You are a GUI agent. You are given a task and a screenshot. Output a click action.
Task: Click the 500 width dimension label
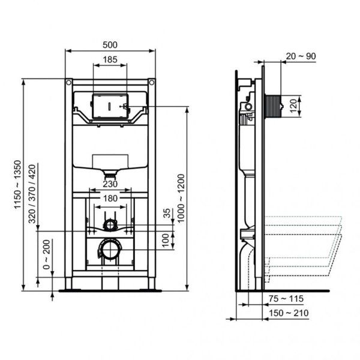click(110, 44)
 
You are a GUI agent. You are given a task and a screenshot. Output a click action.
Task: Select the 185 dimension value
click(110, 59)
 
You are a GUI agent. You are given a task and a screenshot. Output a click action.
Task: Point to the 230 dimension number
click(110, 184)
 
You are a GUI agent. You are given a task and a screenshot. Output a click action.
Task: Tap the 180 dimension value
click(110, 199)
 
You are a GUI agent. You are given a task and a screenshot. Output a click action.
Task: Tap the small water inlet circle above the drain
click(110, 224)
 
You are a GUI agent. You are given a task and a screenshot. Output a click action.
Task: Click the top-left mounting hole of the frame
click(70, 82)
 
